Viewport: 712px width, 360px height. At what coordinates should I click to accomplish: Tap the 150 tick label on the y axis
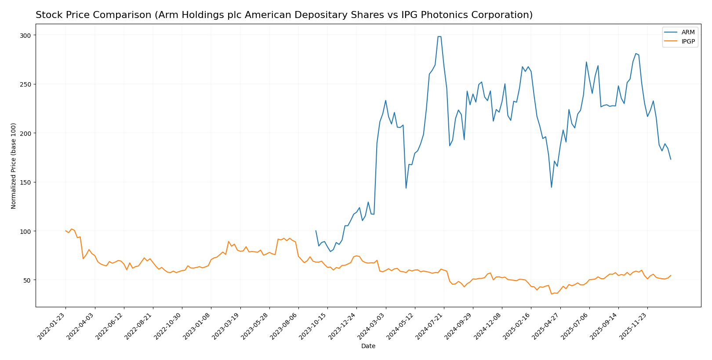click(25, 182)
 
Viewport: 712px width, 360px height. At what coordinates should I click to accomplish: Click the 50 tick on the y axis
click(27, 280)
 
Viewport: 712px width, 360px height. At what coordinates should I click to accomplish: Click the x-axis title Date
click(368, 346)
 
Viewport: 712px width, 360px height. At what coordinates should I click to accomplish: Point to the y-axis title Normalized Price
click(14, 166)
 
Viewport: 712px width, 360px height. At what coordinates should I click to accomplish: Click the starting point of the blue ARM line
click(316, 231)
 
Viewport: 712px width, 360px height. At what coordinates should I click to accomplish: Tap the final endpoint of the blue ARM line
click(671, 159)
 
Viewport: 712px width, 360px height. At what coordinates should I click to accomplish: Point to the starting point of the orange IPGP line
click(65, 231)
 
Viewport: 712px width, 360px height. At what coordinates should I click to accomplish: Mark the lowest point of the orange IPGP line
click(552, 294)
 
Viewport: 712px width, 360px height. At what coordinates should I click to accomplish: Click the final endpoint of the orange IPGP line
click(671, 276)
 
